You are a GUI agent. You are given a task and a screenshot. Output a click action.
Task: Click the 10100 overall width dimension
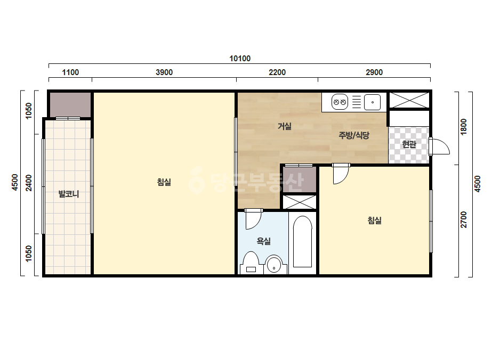[240, 59]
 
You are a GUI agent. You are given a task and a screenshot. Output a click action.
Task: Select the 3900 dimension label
[164, 72]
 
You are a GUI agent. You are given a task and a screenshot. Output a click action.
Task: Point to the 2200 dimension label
[277, 72]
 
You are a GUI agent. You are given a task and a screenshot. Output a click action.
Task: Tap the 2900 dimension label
[374, 72]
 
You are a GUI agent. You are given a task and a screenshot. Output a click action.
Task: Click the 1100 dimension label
[70, 72]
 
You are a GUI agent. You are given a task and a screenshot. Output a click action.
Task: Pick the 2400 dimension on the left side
[29, 183]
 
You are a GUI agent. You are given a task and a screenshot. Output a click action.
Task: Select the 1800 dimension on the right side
[463, 127]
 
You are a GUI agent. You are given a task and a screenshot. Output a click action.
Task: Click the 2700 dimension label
[463, 219]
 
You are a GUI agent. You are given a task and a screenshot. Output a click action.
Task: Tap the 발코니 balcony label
[69, 194]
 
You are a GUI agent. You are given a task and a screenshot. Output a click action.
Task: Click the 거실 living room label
[285, 126]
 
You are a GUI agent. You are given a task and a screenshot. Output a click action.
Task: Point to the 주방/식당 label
[353, 135]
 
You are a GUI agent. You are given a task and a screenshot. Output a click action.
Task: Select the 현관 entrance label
[409, 144]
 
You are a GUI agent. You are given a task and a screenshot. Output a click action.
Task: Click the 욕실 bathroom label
[263, 241]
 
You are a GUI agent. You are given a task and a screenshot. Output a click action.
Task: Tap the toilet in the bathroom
[251, 263]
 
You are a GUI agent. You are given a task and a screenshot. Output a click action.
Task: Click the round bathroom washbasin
[274, 264]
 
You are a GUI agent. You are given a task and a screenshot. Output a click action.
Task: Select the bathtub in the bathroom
[302, 241]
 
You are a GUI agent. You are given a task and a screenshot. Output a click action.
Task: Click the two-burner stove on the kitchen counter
[340, 102]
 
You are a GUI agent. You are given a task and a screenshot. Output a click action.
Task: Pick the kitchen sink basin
[373, 102]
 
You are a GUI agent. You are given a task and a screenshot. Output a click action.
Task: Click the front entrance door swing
[440, 146]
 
